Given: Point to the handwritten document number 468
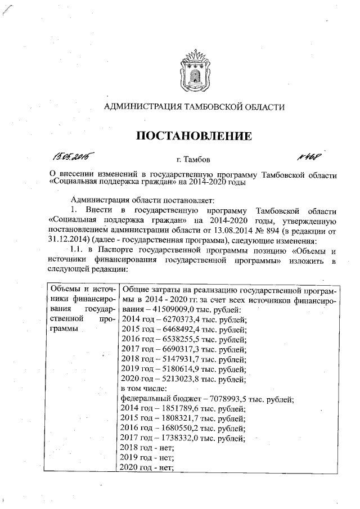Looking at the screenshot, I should (307, 155).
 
